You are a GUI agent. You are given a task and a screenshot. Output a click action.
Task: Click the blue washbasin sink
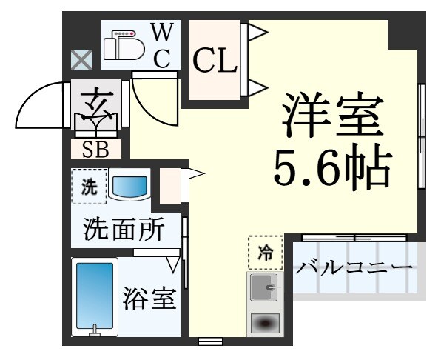[x=129, y=187]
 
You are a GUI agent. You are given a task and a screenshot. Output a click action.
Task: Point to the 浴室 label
[x=149, y=300]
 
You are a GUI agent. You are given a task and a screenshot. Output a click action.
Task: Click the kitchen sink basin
[x=263, y=287]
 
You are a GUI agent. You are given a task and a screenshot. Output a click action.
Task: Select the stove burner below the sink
[x=264, y=323]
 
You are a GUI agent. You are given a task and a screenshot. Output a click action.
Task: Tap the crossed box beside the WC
[x=79, y=59]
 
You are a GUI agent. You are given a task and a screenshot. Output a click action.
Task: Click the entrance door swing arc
[x=37, y=108]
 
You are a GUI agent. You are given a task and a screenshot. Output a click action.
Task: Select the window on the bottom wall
[x=211, y=341]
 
